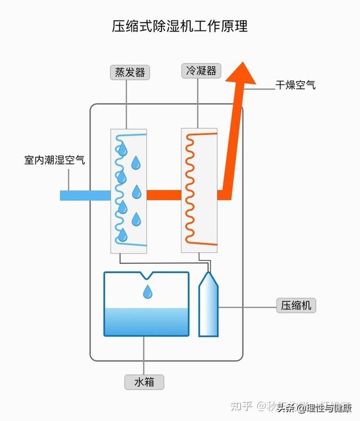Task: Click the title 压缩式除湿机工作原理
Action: tap(179, 26)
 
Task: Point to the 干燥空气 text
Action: tap(295, 85)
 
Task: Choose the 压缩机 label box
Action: tap(296, 306)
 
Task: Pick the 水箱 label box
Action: tap(145, 383)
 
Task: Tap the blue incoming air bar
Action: tap(84, 195)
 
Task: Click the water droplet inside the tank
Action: tap(147, 292)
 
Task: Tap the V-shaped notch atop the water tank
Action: tap(147, 275)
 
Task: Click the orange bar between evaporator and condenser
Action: tap(164, 195)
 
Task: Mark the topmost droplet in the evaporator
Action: tap(122, 150)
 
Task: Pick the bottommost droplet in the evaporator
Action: tap(122, 235)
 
